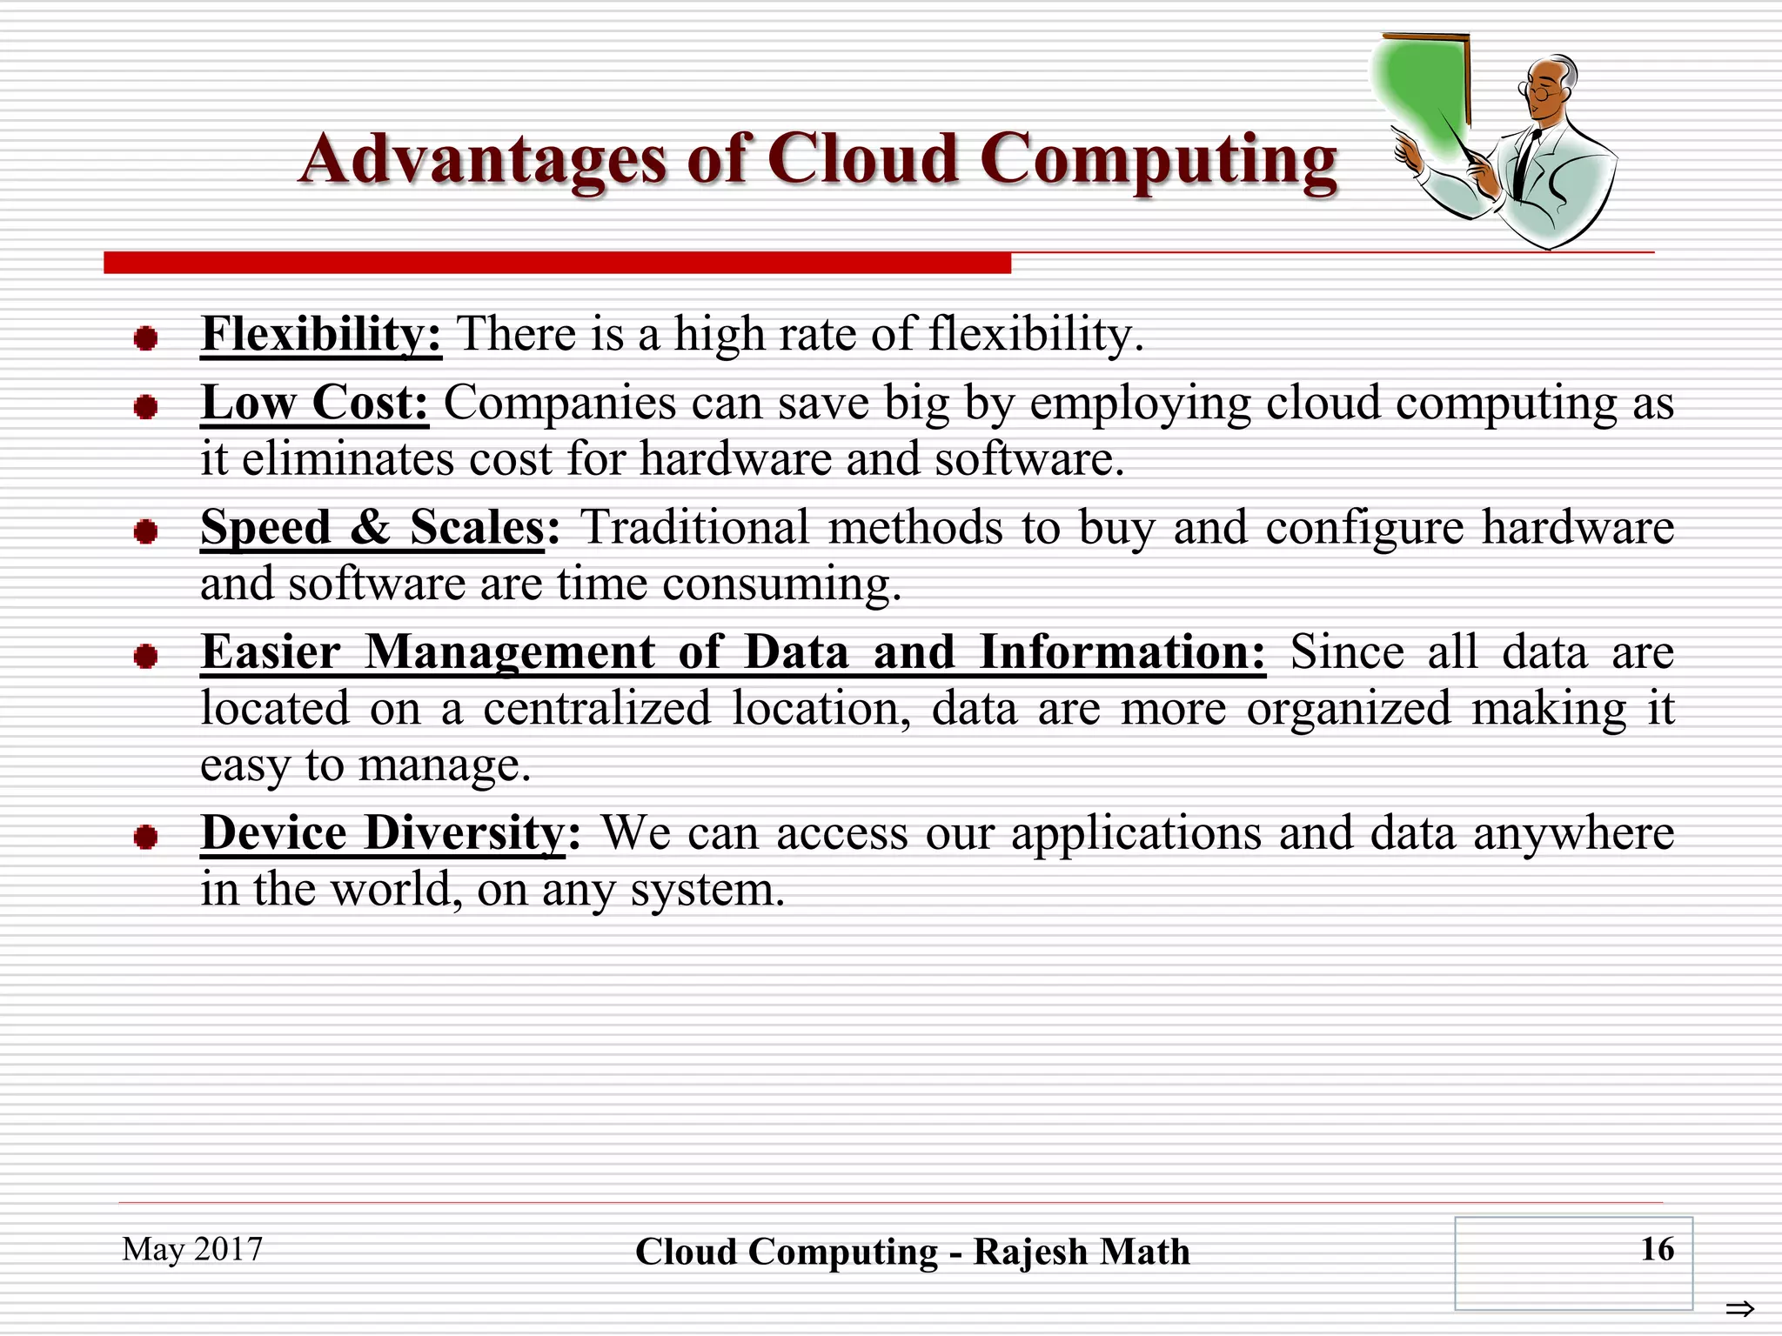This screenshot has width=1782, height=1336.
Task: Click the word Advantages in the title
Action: coord(483,159)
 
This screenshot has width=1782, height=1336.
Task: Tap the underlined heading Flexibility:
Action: coord(321,334)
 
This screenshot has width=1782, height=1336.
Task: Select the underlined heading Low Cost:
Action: coord(314,404)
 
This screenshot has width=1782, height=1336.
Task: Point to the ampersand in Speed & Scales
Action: coord(370,527)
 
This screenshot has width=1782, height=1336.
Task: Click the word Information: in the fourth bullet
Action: coord(1122,652)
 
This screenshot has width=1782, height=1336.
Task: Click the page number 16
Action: coord(1657,1249)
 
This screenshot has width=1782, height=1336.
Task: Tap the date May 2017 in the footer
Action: coord(192,1249)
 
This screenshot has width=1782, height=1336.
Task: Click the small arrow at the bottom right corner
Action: coord(1739,1308)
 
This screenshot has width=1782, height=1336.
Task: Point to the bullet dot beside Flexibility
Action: coord(145,338)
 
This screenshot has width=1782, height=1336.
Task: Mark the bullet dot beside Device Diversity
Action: coord(145,838)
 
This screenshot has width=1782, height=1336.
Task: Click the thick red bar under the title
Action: coord(557,263)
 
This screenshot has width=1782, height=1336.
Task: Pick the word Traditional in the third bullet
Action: coord(694,527)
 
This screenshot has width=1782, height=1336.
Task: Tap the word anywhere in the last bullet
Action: coord(1573,833)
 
